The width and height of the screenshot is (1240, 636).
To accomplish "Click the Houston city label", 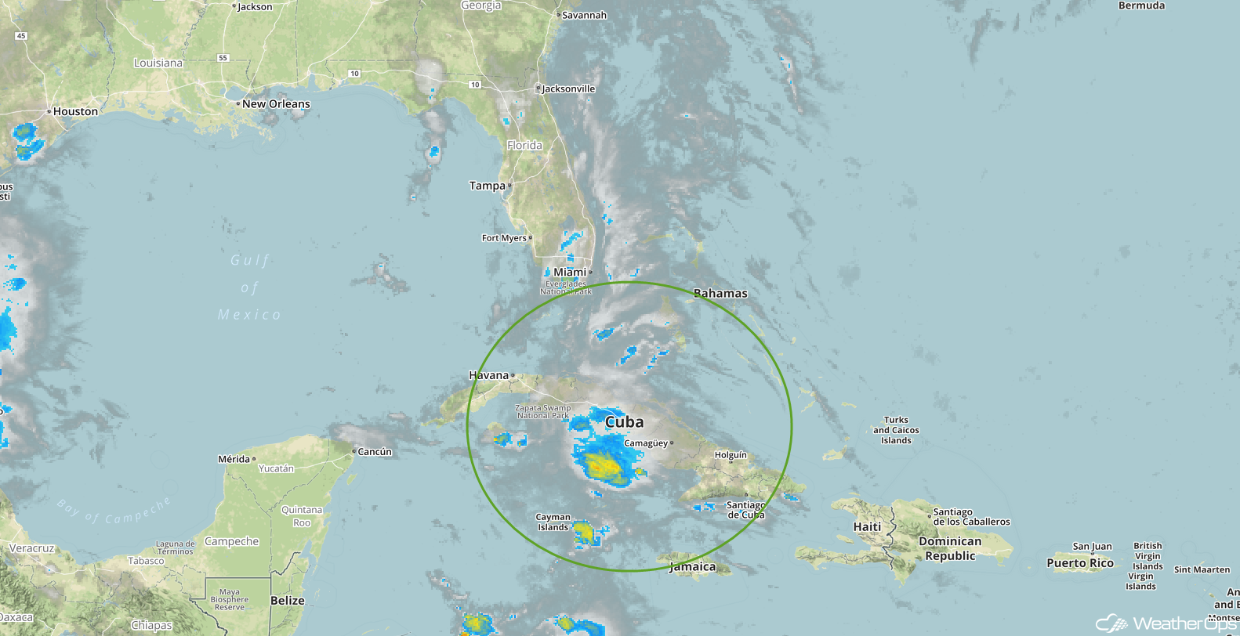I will [75, 112].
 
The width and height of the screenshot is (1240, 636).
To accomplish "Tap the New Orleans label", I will [276, 104].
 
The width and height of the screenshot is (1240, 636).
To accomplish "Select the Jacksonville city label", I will [568, 89].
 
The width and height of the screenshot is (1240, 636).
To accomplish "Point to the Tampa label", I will [488, 186].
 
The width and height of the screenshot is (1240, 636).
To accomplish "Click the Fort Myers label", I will [504, 238].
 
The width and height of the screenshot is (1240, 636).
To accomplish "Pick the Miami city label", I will [570, 273].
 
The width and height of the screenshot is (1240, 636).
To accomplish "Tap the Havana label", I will [489, 376].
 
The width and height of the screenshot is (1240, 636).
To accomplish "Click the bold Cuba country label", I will [625, 422].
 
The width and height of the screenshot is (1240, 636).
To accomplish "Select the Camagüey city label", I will [646, 443].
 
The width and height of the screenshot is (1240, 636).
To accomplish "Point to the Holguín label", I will [731, 455].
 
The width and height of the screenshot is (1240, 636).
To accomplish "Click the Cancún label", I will [375, 452].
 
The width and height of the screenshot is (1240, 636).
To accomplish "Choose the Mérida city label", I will [234, 459].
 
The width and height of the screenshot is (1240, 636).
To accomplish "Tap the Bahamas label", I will [720, 294].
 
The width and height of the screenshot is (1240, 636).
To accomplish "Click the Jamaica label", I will [692, 567].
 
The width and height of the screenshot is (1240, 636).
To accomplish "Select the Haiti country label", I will [867, 527].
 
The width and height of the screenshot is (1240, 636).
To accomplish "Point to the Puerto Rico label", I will [1080, 563].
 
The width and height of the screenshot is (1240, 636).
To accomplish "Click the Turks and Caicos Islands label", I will [896, 430].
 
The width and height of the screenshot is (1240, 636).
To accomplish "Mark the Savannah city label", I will [584, 16].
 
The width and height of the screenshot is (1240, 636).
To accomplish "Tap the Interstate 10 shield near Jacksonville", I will [475, 85].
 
